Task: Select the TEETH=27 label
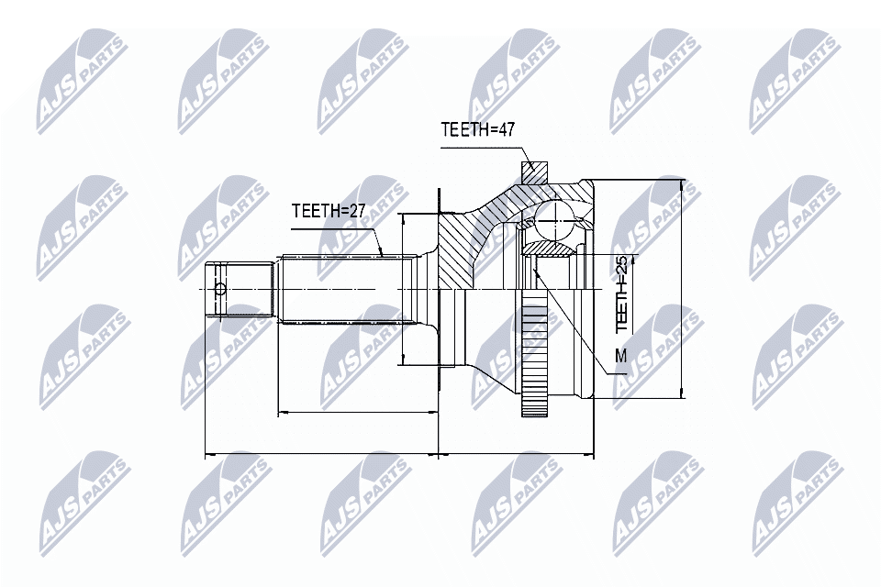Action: click(329, 211)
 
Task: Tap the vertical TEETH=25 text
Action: click(622, 294)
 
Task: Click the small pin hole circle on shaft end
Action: click(219, 291)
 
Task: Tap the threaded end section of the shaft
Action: click(240, 291)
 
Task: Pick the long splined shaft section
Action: click(340, 289)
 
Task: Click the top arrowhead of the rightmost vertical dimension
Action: click(681, 184)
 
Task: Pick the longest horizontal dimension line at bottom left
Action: click(321, 453)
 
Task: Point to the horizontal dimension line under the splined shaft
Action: click(358, 413)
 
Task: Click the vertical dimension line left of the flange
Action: click(404, 293)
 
